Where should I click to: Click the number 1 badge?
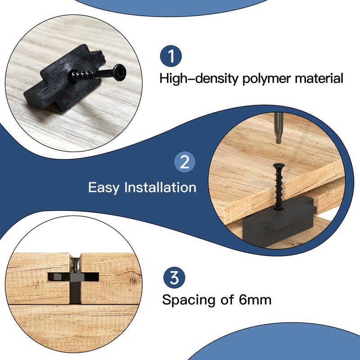[171, 56]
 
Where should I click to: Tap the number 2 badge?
[184, 162]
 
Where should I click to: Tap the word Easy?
[104, 187]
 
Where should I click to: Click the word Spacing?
[189, 300]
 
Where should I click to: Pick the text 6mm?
[252, 300]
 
